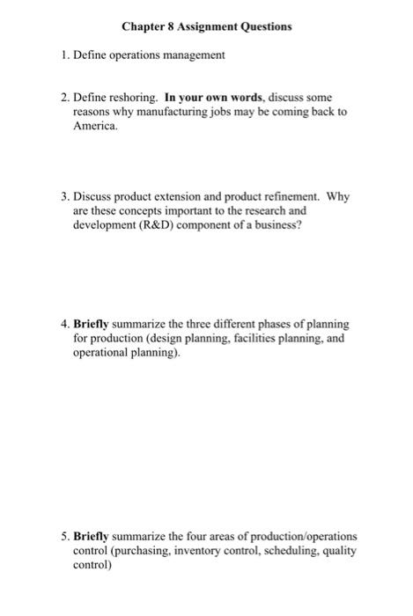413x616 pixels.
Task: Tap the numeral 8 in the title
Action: [x=174, y=27]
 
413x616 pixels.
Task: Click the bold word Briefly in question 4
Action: [x=93, y=325]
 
